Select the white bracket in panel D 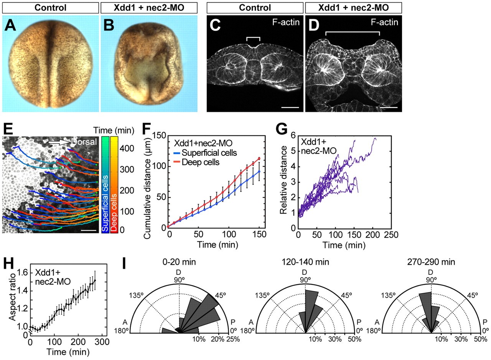(353, 33)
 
